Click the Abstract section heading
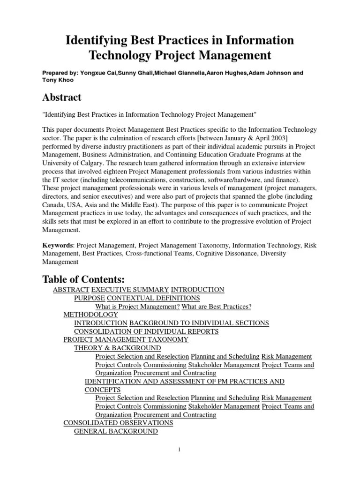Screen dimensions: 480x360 tap(61, 97)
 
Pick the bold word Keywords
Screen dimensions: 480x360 tap(58, 245)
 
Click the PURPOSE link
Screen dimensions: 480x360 tap(90, 298)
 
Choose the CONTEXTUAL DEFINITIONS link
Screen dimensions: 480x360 tap(153, 298)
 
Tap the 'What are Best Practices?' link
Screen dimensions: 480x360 tap(217, 307)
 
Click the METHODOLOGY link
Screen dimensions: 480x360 tap(90, 315)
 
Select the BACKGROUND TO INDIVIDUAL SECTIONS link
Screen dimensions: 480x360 tap(199, 323)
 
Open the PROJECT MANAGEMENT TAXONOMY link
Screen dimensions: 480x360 tap(126, 339)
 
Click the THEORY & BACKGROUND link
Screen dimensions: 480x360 tap(117, 348)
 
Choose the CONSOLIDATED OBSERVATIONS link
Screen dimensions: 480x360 tap(118, 423)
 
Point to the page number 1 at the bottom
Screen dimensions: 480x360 tap(180, 450)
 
